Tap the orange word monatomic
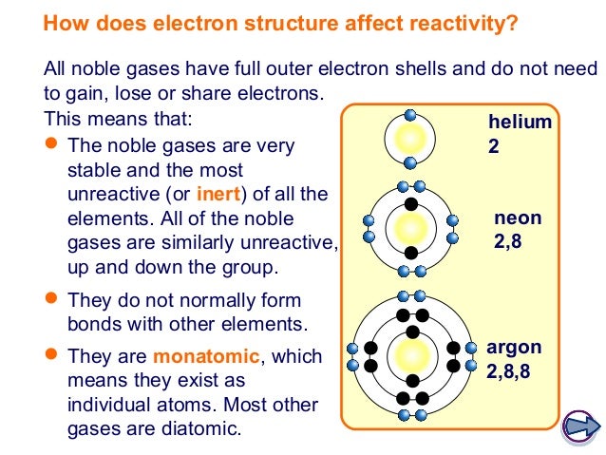point(203,357)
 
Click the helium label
point(520,123)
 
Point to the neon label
point(518,218)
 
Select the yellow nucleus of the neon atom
point(411,229)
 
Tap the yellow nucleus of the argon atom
point(411,357)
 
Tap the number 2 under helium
point(492,147)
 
